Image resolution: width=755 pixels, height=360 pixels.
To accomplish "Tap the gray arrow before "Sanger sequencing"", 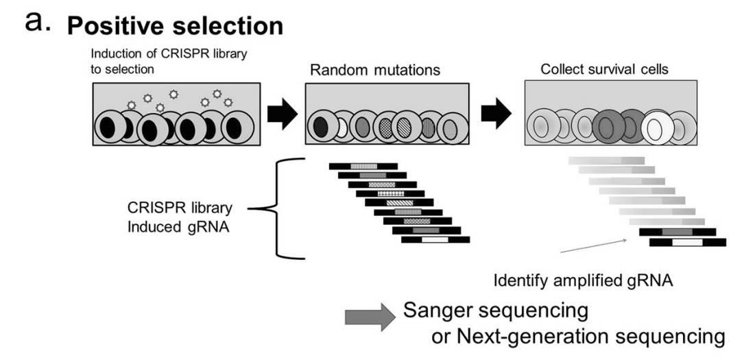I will pyautogui.click(x=370, y=317).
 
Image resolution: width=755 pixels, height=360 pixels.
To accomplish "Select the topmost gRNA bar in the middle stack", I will pyautogui.click(x=363, y=166).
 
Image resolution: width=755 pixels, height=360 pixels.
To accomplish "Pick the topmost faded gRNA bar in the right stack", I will pyautogui.click(x=606, y=160).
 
